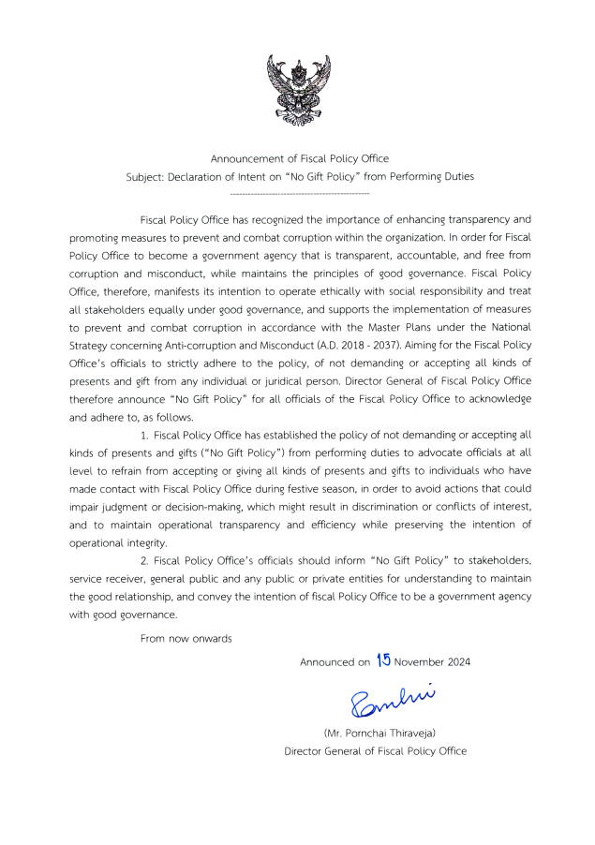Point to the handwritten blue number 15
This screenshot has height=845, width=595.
382,660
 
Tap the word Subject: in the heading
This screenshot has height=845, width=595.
145,176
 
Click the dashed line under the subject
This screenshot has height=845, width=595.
299,193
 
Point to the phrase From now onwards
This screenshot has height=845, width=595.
186,638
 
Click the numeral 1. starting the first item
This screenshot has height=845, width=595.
144,437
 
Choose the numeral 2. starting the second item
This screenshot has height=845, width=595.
144,560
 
